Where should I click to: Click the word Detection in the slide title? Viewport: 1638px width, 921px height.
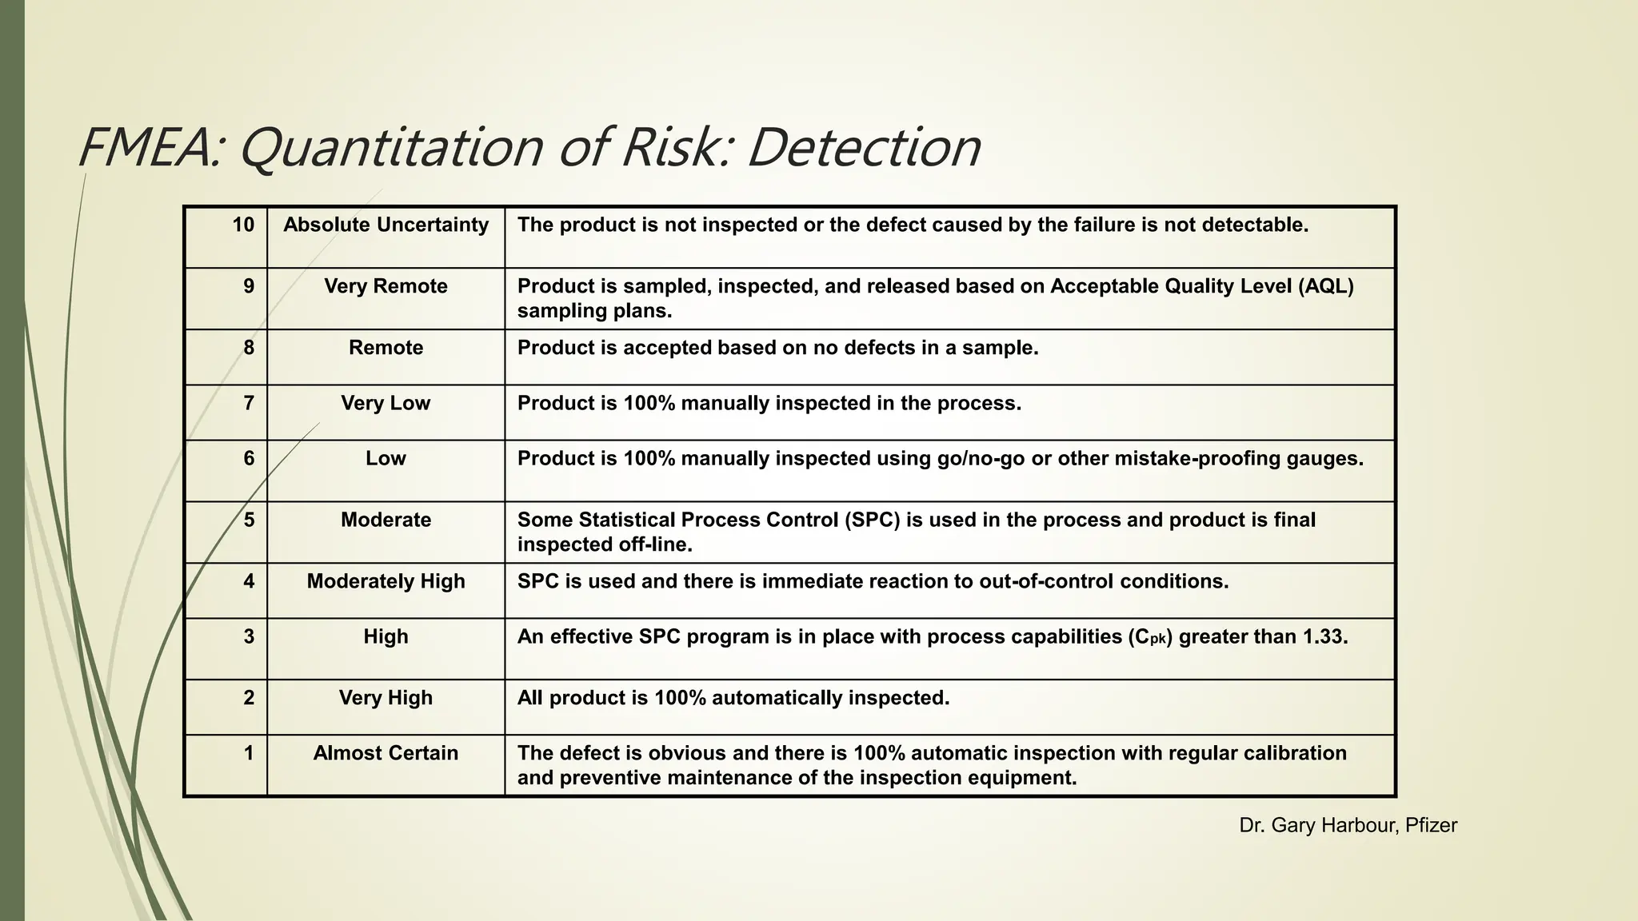click(x=864, y=148)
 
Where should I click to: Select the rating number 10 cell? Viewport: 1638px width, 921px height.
click(x=243, y=225)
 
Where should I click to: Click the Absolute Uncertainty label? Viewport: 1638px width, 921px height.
click(x=386, y=225)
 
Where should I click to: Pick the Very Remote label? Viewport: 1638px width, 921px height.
click(x=386, y=286)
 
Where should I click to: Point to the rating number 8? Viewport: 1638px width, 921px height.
click(x=249, y=348)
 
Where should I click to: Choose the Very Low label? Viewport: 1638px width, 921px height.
click(x=386, y=403)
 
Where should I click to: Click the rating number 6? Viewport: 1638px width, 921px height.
click(x=249, y=458)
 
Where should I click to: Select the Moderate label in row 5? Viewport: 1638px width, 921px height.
click(x=386, y=520)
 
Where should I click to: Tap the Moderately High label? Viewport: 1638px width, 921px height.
click(x=386, y=581)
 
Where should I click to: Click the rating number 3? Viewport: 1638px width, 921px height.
click(x=249, y=636)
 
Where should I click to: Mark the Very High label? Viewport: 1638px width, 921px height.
click(x=386, y=698)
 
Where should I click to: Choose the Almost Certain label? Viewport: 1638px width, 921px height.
click(x=386, y=753)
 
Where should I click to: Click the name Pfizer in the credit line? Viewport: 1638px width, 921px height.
click(x=1431, y=825)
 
